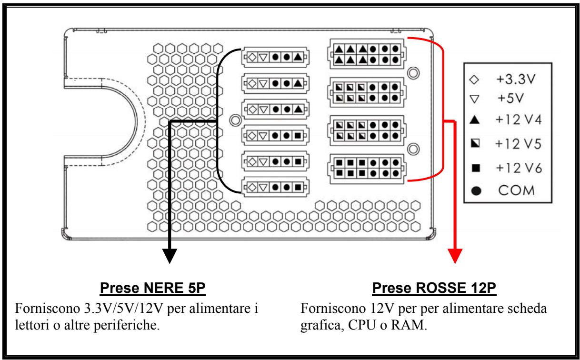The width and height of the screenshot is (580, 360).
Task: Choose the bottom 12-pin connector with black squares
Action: point(366,167)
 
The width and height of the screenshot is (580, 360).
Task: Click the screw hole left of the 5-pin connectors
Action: point(234,120)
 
